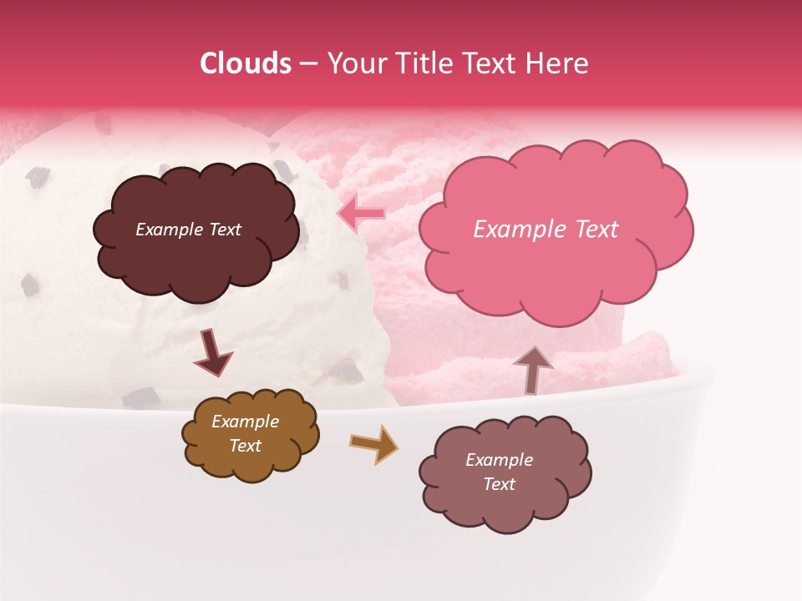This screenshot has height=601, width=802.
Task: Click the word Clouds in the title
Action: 246,63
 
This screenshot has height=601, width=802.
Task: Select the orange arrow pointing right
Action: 374,444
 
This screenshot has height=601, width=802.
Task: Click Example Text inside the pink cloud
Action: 546,230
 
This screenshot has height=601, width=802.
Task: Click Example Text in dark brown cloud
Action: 188,230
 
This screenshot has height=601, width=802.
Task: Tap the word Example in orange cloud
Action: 245,422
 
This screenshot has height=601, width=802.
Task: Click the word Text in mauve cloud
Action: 499,484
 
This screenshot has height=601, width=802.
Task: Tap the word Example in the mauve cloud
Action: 499,460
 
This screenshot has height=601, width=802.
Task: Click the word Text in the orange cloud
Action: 245,446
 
